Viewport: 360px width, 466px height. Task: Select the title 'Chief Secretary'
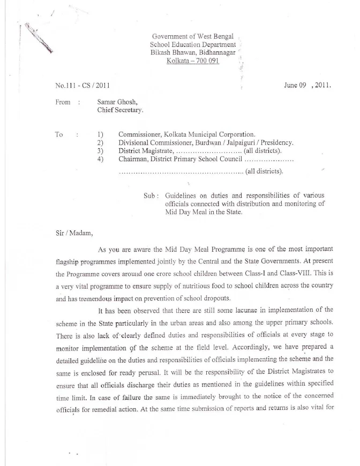(x=120, y=110)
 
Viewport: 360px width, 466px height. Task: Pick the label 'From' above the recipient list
(x=63, y=102)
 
